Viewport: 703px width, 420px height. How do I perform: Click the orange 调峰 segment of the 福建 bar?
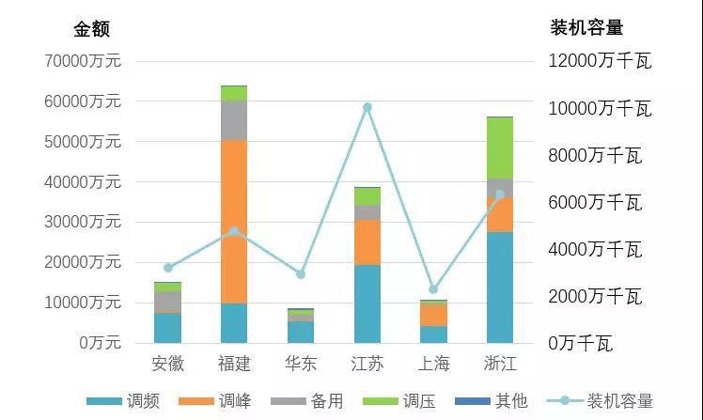pyautogui.click(x=234, y=221)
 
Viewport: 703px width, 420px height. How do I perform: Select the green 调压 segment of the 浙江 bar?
pyautogui.click(x=500, y=148)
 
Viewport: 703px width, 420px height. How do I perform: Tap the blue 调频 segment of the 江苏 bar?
pyautogui.click(x=367, y=303)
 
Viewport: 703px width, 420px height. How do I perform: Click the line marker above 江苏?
pyautogui.click(x=367, y=107)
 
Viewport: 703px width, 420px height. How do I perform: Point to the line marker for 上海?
pyautogui.click(x=433, y=289)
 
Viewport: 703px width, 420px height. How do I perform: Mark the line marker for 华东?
pyautogui.click(x=301, y=274)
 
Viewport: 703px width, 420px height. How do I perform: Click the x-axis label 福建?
pyautogui.click(x=234, y=363)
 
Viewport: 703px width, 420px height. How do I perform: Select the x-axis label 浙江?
pyautogui.click(x=500, y=363)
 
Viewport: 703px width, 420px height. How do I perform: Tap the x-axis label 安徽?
pyautogui.click(x=167, y=363)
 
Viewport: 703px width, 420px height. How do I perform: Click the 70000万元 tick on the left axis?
pyautogui.click(x=83, y=61)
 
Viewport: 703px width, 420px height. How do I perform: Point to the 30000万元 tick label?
pyautogui.click(x=83, y=222)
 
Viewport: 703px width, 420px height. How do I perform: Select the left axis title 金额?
pyautogui.click(x=93, y=29)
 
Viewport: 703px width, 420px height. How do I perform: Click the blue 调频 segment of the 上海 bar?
pyautogui.click(x=433, y=334)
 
